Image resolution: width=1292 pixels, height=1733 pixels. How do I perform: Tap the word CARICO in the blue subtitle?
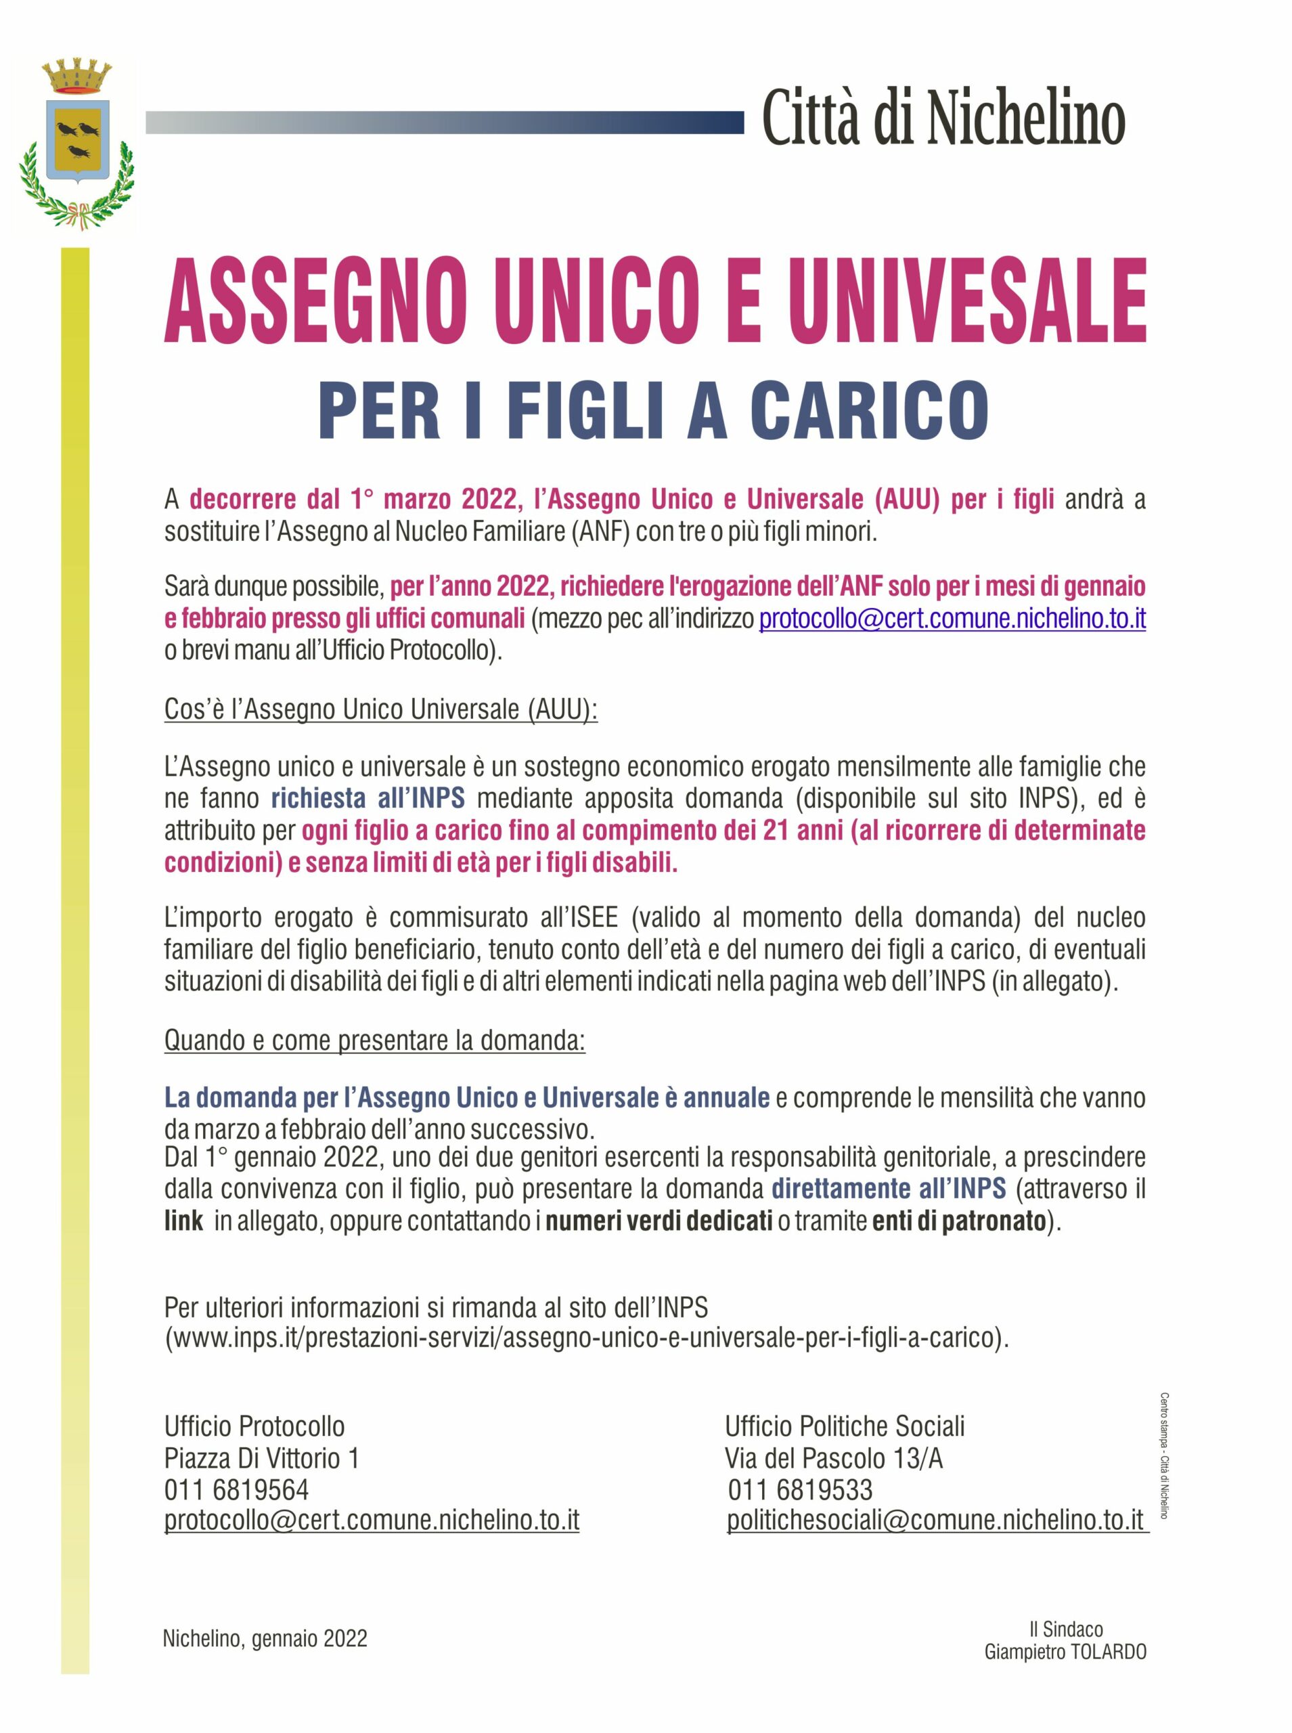(x=869, y=410)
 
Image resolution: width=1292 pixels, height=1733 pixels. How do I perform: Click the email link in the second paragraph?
(x=952, y=619)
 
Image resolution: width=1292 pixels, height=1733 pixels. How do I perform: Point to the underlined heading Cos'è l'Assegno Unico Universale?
(x=381, y=709)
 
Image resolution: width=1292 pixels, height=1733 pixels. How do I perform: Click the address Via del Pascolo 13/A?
(x=834, y=1459)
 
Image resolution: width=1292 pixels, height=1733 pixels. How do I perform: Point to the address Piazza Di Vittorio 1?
(x=261, y=1459)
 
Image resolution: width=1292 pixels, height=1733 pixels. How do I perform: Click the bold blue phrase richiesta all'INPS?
(x=367, y=798)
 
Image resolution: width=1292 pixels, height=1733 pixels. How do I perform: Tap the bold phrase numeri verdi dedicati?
(x=659, y=1221)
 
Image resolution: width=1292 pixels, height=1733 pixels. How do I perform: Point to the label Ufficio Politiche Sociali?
(x=845, y=1426)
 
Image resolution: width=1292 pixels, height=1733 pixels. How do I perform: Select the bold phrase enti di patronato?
(x=959, y=1221)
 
